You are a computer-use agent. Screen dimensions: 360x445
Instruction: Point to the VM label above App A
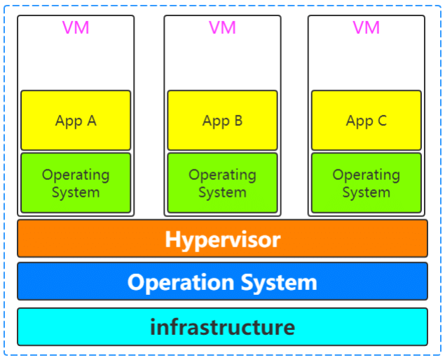76,28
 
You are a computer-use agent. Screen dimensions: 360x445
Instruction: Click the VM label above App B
222,28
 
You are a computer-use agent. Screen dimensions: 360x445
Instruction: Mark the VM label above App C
366,28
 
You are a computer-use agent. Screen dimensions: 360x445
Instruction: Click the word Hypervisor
222,240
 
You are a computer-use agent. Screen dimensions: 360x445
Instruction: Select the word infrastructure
222,326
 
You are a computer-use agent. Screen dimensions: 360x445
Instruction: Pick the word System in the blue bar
279,282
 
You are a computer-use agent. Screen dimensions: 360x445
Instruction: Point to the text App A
76,121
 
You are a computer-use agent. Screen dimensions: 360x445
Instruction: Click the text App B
222,121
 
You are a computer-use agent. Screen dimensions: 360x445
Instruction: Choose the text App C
366,121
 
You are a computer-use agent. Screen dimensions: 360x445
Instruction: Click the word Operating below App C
366,174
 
